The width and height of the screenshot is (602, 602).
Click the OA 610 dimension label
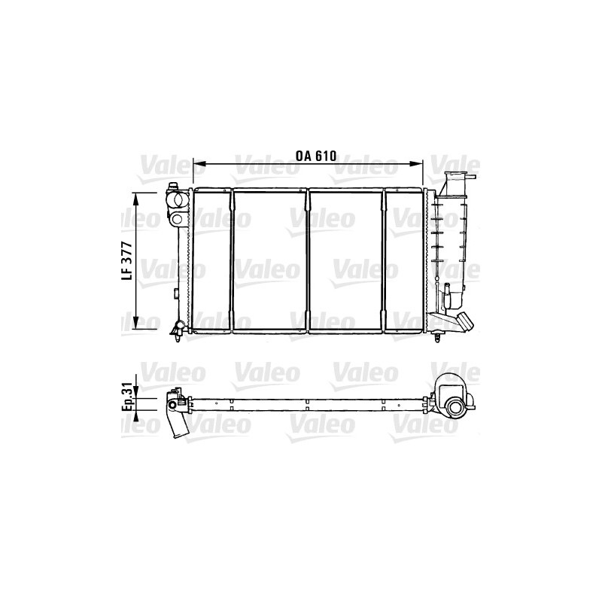[x=316, y=156]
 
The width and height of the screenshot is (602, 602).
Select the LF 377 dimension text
[x=127, y=260]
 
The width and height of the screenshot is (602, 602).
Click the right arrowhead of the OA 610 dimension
[x=416, y=164]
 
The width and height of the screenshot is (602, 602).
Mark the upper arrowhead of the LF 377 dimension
[x=135, y=199]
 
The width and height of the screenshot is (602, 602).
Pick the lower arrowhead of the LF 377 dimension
[x=135, y=323]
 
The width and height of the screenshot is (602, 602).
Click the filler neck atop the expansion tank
[x=458, y=182]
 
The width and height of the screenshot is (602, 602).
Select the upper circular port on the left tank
[x=178, y=199]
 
